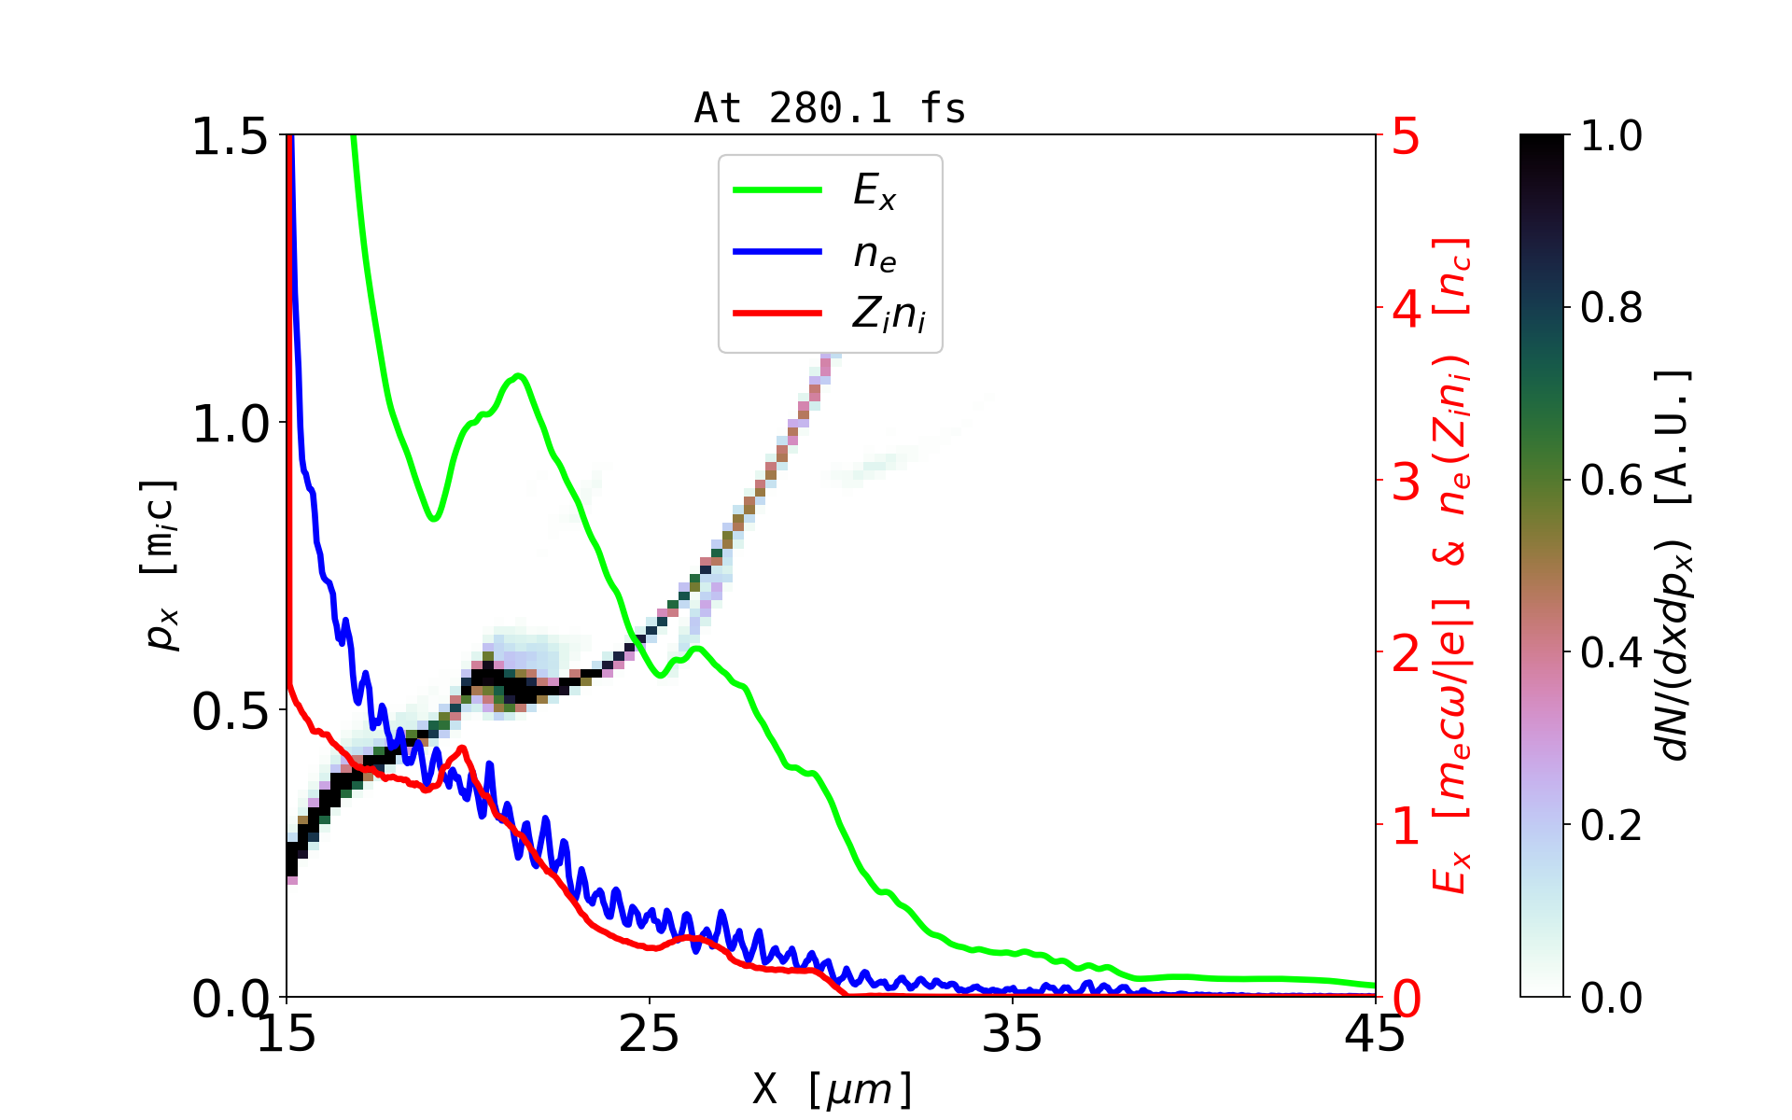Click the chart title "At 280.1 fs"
click(830, 109)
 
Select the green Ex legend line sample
click(777, 190)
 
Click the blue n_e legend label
click(875, 254)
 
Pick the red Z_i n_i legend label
click(889, 315)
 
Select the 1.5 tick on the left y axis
click(231, 137)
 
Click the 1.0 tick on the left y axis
click(231, 425)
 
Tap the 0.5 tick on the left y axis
click(231, 712)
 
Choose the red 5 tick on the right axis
click(1407, 137)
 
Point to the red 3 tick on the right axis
click(1407, 482)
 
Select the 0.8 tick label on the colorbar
click(1612, 308)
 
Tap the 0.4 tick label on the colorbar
click(1612, 653)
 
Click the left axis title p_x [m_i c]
click(159, 566)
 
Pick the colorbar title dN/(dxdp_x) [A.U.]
click(1675, 566)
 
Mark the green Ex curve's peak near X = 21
click(519, 376)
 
